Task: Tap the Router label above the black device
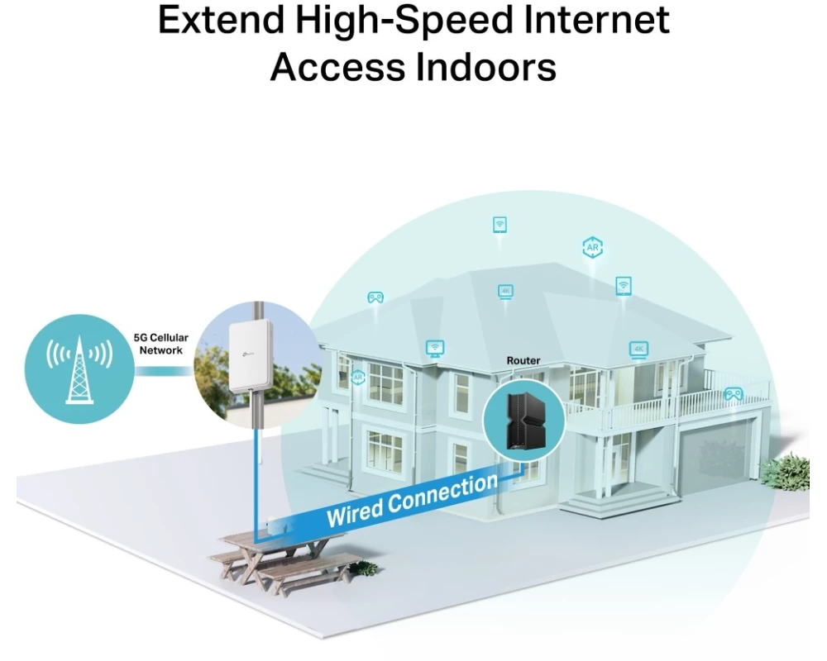(x=523, y=361)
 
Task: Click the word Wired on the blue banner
(x=356, y=511)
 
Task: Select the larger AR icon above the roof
(x=592, y=247)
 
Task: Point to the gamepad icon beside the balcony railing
(x=733, y=394)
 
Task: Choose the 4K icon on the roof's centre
(x=506, y=291)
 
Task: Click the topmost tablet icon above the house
(x=500, y=224)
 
